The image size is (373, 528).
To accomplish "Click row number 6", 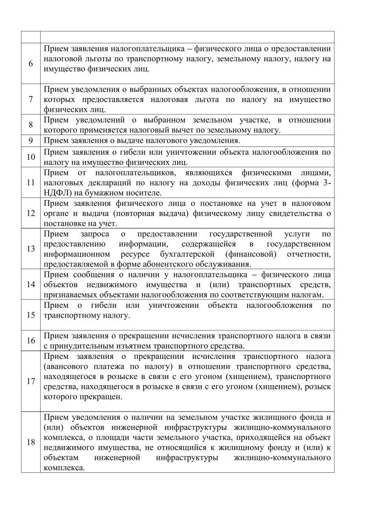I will point(31,63).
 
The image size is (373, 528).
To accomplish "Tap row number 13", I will point(31,248).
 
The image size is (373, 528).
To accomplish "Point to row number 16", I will point(31,341).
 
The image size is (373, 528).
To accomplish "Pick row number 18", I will point(31,443).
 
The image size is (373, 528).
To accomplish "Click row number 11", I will point(31,183).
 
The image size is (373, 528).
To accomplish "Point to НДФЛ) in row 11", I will point(57,193).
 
